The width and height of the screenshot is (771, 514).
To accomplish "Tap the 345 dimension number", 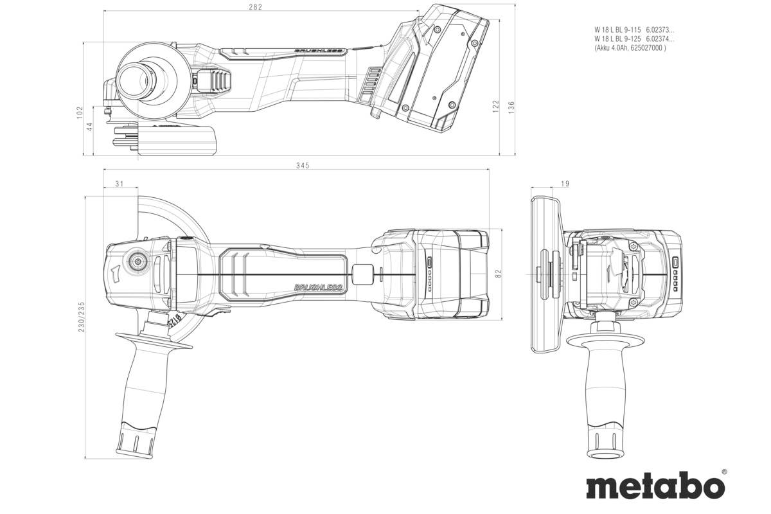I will click(303, 166).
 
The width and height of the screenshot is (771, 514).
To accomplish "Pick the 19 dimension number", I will click(565, 184).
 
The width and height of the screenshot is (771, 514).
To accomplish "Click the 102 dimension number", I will click(80, 112).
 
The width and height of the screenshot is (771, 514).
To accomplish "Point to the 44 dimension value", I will click(91, 127).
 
